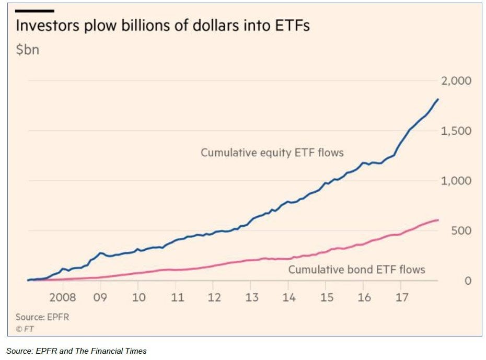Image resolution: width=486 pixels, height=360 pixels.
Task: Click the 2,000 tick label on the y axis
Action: point(457,81)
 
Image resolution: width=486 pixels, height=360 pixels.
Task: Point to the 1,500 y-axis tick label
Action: point(457,131)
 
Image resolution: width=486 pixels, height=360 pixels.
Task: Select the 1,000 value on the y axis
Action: point(457,181)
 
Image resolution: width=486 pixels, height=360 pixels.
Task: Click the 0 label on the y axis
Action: point(468,281)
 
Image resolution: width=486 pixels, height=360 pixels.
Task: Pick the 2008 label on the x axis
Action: point(62,297)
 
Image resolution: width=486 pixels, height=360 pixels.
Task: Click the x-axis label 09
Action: point(100,297)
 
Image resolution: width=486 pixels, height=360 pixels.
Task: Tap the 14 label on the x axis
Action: point(288,297)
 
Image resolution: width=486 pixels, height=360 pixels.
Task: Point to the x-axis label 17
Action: point(401,297)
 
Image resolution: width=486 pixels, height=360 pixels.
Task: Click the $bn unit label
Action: point(28,50)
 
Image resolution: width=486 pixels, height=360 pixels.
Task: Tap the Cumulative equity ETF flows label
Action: point(272,153)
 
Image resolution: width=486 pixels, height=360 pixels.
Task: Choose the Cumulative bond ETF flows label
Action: point(356,270)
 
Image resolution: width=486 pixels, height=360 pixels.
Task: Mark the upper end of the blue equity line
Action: point(438,99)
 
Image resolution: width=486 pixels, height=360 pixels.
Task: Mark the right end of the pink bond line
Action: point(438,220)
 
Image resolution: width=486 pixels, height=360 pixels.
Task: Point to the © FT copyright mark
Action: point(25,329)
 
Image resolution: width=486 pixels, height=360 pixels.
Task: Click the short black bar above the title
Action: point(34,10)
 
